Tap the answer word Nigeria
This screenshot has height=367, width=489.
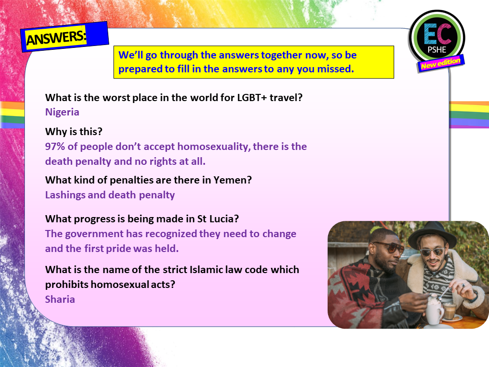[x=62, y=112]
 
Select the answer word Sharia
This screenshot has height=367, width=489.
[x=60, y=299]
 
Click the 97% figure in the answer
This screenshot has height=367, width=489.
[x=56, y=147]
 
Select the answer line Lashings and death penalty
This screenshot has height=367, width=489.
[x=110, y=195]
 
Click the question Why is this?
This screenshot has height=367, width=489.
[x=74, y=131]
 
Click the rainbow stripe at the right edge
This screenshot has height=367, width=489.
[x=469, y=115]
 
